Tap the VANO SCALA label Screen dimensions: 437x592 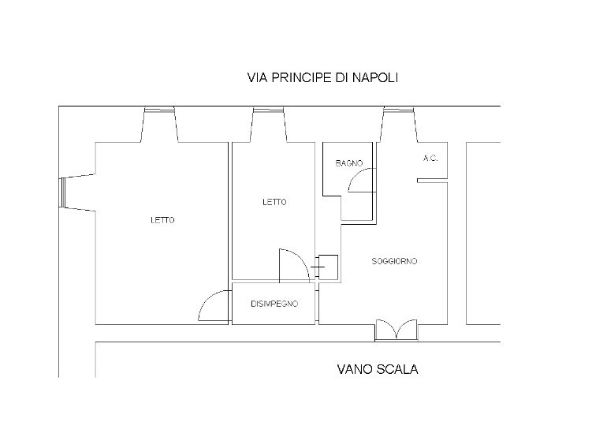coord(377,368)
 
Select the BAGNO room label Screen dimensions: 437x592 coord(348,163)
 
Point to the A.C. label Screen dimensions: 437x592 coord(430,159)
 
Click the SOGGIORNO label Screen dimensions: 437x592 coord(394,261)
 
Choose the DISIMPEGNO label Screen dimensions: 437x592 coord(274,304)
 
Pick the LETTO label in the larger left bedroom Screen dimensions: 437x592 coord(162,220)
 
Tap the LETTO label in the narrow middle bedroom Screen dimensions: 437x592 coord(274,202)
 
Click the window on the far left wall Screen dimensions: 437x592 coord(64,192)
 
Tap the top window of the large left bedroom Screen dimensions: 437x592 coord(158,122)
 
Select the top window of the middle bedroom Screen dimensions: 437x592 coord(268,122)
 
